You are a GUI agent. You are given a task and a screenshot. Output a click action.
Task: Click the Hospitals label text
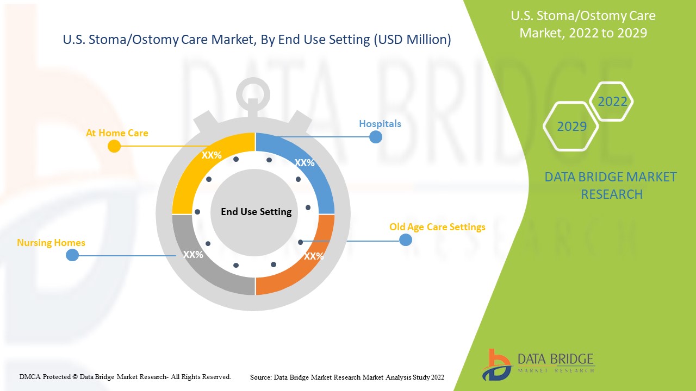[380, 124]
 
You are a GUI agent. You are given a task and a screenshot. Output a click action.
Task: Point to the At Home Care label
[117, 133]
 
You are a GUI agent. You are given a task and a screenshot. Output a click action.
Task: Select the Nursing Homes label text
[51, 243]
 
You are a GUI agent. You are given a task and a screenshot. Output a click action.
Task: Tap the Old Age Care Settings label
[437, 227]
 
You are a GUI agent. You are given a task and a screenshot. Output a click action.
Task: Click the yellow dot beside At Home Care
[114, 146]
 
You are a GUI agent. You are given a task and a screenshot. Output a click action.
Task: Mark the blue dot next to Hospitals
[376, 137]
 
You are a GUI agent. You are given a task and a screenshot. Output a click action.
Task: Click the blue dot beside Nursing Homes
[72, 255]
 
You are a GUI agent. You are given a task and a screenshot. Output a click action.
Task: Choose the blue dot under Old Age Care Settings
[406, 239]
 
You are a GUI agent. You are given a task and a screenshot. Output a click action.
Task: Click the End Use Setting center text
[256, 212]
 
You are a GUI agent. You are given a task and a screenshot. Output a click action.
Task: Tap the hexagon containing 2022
[612, 102]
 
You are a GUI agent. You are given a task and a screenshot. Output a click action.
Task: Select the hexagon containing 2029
[571, 127]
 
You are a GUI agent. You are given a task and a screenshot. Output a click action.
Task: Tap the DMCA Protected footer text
[125, 376]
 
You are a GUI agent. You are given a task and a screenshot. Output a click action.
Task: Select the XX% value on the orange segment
[314, 256]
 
